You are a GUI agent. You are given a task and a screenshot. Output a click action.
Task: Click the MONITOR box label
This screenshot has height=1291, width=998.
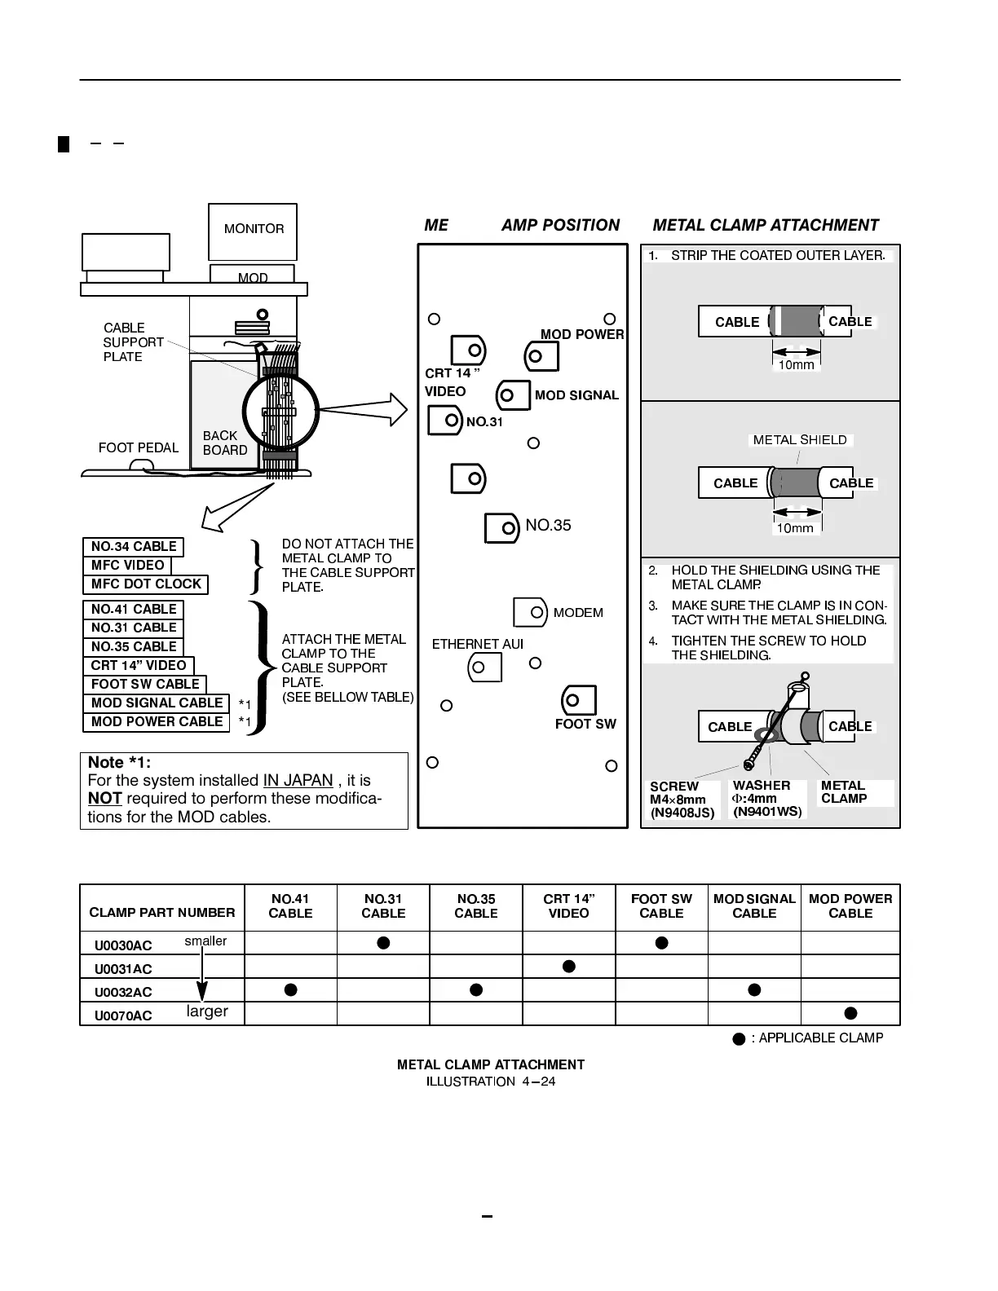coord(254,229)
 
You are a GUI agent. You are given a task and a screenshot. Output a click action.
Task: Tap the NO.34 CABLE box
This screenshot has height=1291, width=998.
coord(134,547)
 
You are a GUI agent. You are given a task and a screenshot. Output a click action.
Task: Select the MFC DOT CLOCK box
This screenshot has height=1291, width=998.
coord(146,584)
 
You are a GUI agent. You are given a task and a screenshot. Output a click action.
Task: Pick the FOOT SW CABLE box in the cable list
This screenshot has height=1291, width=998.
coord(145,685)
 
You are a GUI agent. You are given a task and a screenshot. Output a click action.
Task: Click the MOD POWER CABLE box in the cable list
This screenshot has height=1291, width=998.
coord(157,722)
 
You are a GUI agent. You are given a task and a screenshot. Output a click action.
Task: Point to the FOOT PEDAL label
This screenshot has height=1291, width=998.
coord(138,447)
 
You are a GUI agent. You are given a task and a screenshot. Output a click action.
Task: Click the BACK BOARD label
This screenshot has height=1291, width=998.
coord(224,443)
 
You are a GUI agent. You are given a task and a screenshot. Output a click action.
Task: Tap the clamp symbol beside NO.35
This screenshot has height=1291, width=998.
coord(501,527)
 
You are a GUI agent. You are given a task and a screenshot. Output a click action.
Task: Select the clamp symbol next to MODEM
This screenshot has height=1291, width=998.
coord(530,612)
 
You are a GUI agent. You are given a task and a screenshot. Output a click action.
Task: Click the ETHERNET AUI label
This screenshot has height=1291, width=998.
coord(477,644)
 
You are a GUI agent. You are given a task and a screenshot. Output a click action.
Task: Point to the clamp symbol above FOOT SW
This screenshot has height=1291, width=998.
coord(578,700)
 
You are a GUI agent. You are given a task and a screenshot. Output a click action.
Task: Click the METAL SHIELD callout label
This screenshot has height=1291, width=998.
coord(799,440)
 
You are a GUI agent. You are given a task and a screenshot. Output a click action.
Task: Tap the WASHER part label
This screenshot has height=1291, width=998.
coord(766,798)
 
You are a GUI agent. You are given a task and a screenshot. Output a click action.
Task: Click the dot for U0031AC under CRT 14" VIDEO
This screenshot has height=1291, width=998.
coord(569,967)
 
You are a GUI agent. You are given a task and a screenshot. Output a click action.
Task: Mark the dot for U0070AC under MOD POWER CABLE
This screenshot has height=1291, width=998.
coord(850,1013)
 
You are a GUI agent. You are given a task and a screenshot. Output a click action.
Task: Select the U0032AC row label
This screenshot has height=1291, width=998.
coord(123,992)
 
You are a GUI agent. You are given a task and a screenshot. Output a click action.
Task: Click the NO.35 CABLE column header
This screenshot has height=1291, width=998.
coord(476,906)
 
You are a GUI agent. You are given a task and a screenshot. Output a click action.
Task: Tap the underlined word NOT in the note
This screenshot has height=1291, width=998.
coord(104,799)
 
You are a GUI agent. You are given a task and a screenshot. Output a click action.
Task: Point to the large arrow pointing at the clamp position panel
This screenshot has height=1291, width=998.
coord(387,410)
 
